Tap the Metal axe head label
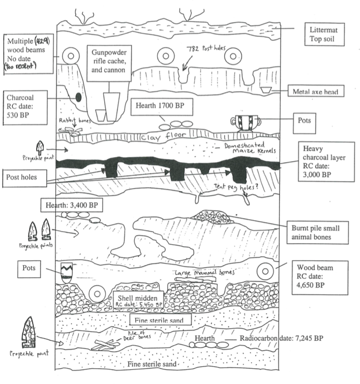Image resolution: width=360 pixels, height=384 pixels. [x=315, y=92]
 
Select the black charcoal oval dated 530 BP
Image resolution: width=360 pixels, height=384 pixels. [x=78, y=96]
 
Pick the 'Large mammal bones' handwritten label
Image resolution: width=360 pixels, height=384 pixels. [x=203, y=273]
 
